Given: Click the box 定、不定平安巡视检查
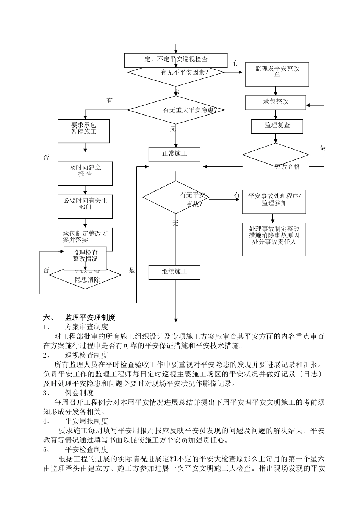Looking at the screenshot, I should [176, 59].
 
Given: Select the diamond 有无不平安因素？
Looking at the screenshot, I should [176, 72].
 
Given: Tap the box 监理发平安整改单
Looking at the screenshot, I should [277, 72].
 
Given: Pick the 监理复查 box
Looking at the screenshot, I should [277, 125].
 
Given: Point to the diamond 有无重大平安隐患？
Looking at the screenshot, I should [176, 110].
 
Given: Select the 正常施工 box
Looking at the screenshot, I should [174, 154].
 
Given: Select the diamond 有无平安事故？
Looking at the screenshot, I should [176, 198].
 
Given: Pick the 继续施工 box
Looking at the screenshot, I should [174, 272].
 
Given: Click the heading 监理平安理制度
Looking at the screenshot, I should [90, 317].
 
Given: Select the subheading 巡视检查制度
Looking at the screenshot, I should [87, 355].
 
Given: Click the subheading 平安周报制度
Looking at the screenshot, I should [87, 421].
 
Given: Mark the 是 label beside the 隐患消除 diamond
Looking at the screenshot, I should [132, 270].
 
